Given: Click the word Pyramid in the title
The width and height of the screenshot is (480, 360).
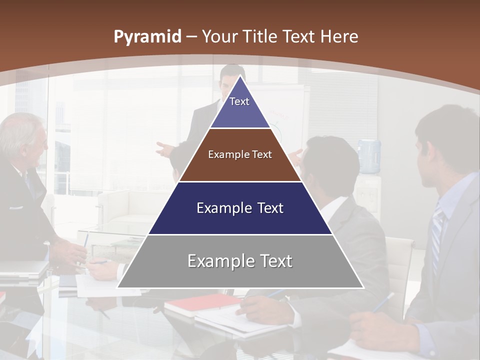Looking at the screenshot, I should tap(147, 37).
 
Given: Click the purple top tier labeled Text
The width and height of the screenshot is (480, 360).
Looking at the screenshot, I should tap(239, 107).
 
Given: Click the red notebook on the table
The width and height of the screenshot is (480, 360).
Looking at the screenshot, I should tap(200, 303).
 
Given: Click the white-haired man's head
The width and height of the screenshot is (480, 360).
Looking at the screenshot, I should tap(22, 137).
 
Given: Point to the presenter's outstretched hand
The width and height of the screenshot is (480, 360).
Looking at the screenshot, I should tap(163, 149).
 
